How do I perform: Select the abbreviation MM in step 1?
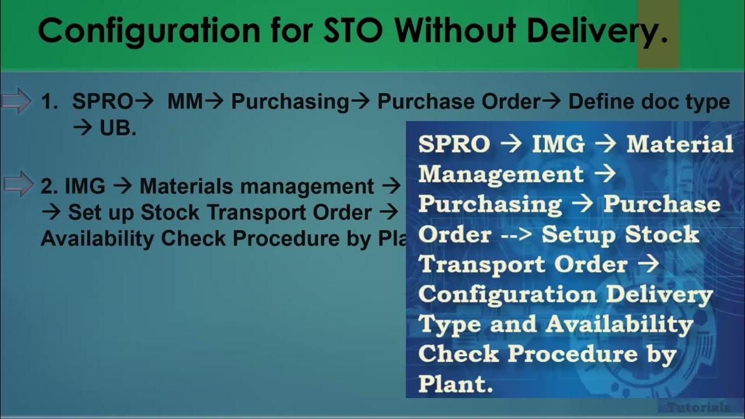tap(185, 102)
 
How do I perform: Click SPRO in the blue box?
tap(454, 144)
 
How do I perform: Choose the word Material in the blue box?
tap(679, 144)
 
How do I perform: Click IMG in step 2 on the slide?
tap(85, 186)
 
